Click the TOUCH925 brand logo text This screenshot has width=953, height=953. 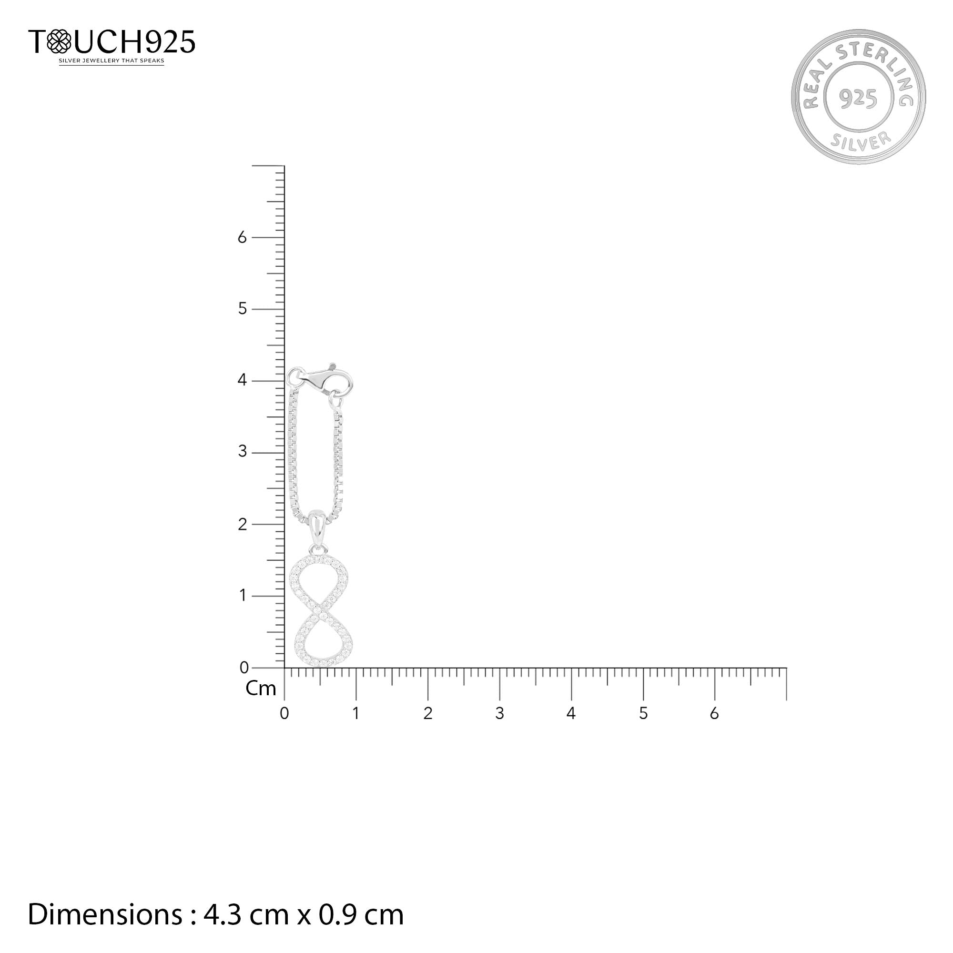point(112,41)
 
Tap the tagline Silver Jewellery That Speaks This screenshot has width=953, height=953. point(112,61)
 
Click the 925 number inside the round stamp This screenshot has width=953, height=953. point(858,99)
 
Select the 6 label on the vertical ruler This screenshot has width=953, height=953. point(242,238)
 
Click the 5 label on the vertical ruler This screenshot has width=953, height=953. point(242,309)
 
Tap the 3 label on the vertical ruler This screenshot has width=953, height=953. point(242,452)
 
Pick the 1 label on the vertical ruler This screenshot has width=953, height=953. point(242,595)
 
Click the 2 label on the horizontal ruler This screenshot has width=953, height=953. point(428,713)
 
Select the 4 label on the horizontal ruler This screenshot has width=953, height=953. point(571,713)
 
